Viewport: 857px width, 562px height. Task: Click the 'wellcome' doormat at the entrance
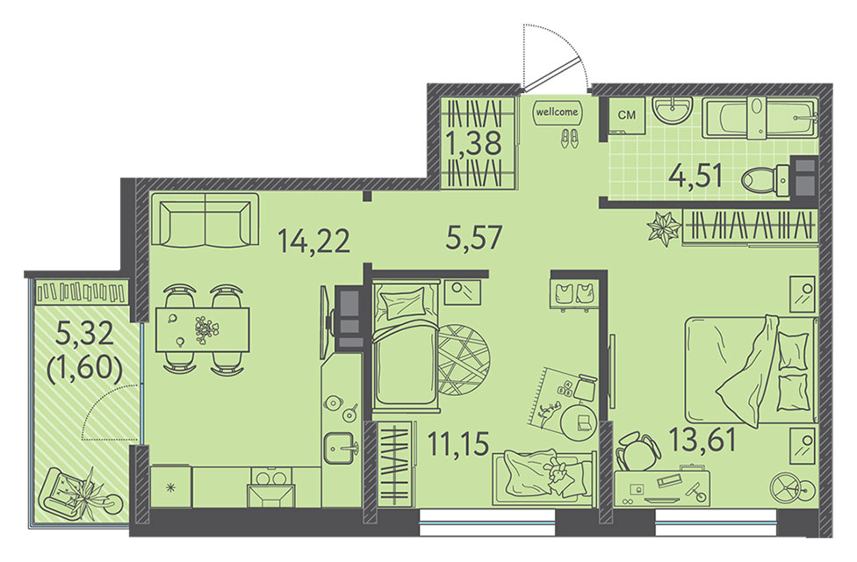(x=557, y=112)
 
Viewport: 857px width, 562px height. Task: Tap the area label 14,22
(x=313, y=241)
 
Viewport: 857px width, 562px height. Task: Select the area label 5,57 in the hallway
(x=474, y=238)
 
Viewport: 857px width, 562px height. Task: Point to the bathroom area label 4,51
(x=696, y=177)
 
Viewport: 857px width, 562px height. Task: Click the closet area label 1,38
(x=473, y=144)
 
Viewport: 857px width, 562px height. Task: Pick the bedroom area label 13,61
(x=702, y=440)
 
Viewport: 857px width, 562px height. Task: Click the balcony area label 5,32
(x=84, y=333)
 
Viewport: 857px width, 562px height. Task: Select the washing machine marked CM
(x=627, y=115)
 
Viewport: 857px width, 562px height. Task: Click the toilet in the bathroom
(x=766, y=178)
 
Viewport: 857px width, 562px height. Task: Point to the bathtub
(x=760, y=117)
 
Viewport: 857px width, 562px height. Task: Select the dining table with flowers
(x=203, y=329)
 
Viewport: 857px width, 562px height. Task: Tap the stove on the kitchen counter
(x=273, y=487)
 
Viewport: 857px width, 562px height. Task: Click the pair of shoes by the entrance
(x=569, y=138)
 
